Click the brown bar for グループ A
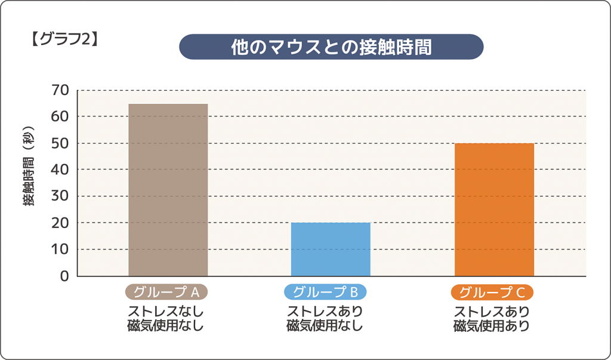(x=168, y=190)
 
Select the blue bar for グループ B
(x=331, y=249)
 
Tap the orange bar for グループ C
(x=494, y=210)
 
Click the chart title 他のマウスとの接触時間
(x=331, y=47)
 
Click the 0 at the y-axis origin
(x=64, y=276)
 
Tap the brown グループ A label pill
(x=166, y=292)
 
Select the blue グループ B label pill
(x=325, y=292)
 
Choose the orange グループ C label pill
(x=492, y=292)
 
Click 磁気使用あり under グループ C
(x=492, y=326)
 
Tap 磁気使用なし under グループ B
(x=325, y=326)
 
